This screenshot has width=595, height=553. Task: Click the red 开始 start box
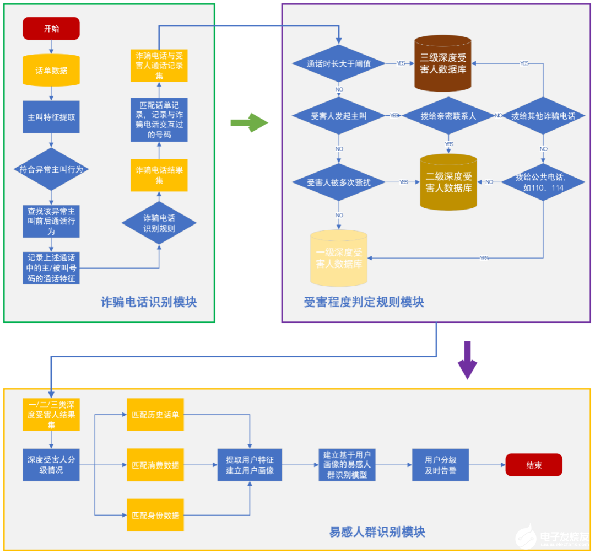(x=51, y=29)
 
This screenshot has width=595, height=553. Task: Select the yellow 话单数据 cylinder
(x=51, y=70)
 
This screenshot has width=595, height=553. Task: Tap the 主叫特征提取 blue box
(x=51, y=117)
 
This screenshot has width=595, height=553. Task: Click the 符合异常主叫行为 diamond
(x=51, y=169)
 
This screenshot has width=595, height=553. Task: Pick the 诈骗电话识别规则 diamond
(x=159, y=223)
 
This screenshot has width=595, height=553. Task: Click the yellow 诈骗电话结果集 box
(x=159, y=175)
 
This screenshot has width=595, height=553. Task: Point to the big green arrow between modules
(x=248, y=122)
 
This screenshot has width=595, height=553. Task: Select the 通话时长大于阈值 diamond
(x=338, y=64)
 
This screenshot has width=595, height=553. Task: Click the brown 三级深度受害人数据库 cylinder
(x=442, y=63)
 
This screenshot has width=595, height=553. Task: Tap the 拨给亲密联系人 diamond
(x=448, y=116)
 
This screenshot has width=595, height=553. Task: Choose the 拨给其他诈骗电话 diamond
(x=543, y=116)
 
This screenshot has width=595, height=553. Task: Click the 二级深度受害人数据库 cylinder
(x=448, y=182)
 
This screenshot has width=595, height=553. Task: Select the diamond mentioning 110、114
(x=543, y=182)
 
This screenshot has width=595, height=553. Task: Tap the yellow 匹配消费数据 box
(x=155, y=465)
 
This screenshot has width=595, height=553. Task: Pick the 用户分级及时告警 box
(x=440, y=465)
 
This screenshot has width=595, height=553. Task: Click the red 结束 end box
(x=533, y=465)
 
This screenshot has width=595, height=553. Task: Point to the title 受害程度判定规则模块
(x=364, y=302)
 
